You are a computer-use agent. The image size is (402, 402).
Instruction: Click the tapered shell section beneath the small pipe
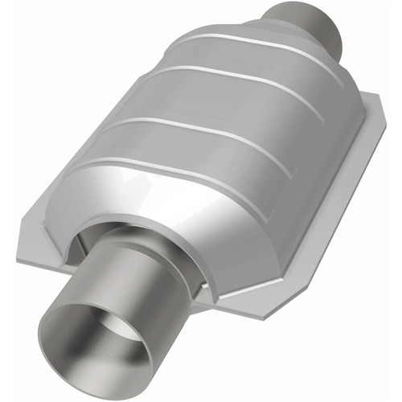pyautogui.click(x=273, y=48)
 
